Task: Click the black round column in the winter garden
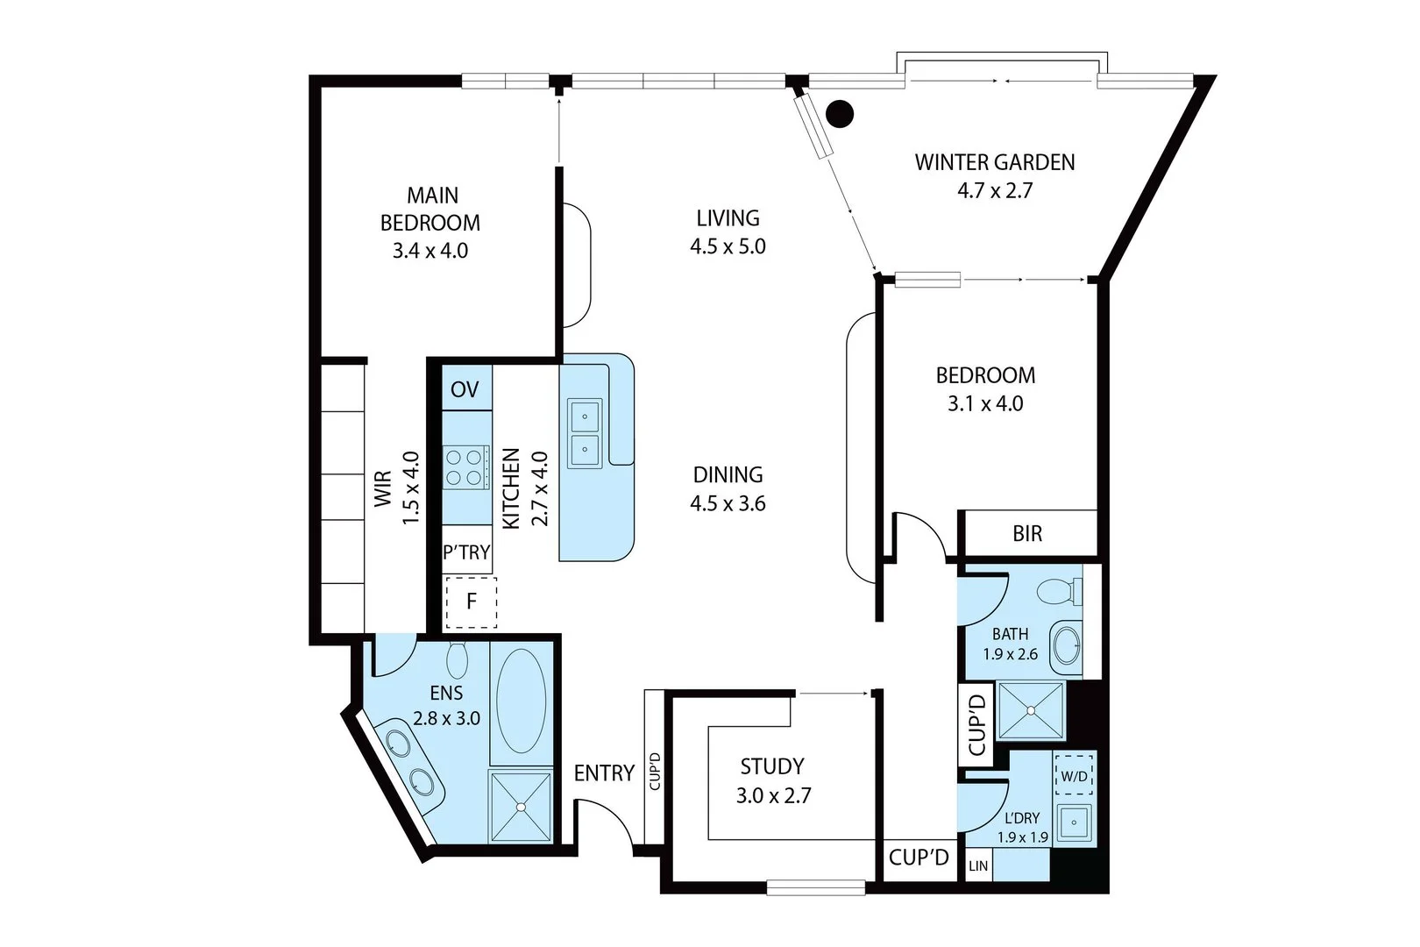(x=841, y=112)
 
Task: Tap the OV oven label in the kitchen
(x=465, y=389)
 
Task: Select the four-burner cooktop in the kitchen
(x=465, y=466)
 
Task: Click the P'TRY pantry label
(x=466, y=552)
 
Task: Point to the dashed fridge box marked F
(x=472, y=602)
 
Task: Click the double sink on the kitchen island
(x=584, y=434)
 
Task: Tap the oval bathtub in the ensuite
(x=521, y=701)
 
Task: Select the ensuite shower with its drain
(x=521, y=806)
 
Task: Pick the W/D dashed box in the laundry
(x=1074, y=776)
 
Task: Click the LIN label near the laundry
(x=978, y=866)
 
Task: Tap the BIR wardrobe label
(x=1027, y=533)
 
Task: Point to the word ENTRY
(x=604, y=773)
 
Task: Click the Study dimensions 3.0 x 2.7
(x=772, y=796)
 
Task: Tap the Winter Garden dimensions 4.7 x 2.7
(x=994, y=190)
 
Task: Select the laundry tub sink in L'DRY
(x=1074, y=822)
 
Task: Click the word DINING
(x=728, y=474)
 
